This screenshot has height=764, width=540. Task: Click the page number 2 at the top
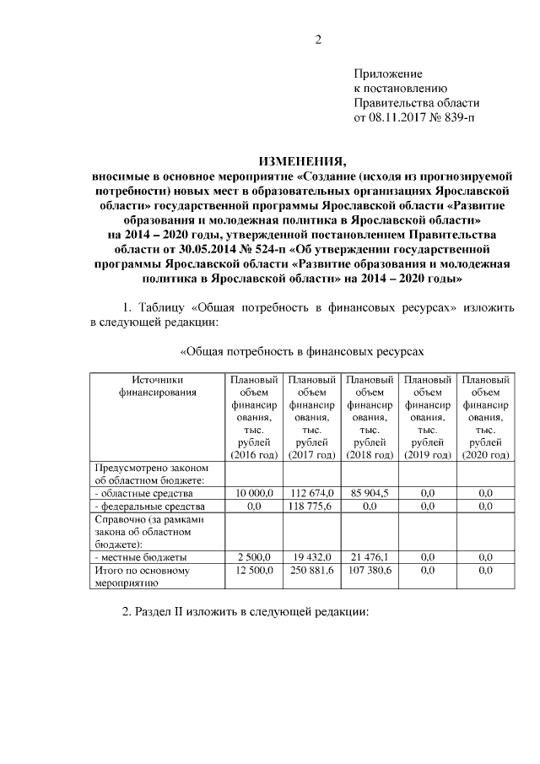319,39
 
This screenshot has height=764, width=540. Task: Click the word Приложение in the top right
387,74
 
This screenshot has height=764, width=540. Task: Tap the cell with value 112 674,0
311,493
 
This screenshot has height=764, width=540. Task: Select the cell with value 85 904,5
369,493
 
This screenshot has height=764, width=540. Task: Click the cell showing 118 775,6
311,506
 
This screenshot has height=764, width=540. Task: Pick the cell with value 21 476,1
369,558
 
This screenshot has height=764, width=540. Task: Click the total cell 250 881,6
311,571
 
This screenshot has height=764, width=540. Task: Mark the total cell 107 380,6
369,571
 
